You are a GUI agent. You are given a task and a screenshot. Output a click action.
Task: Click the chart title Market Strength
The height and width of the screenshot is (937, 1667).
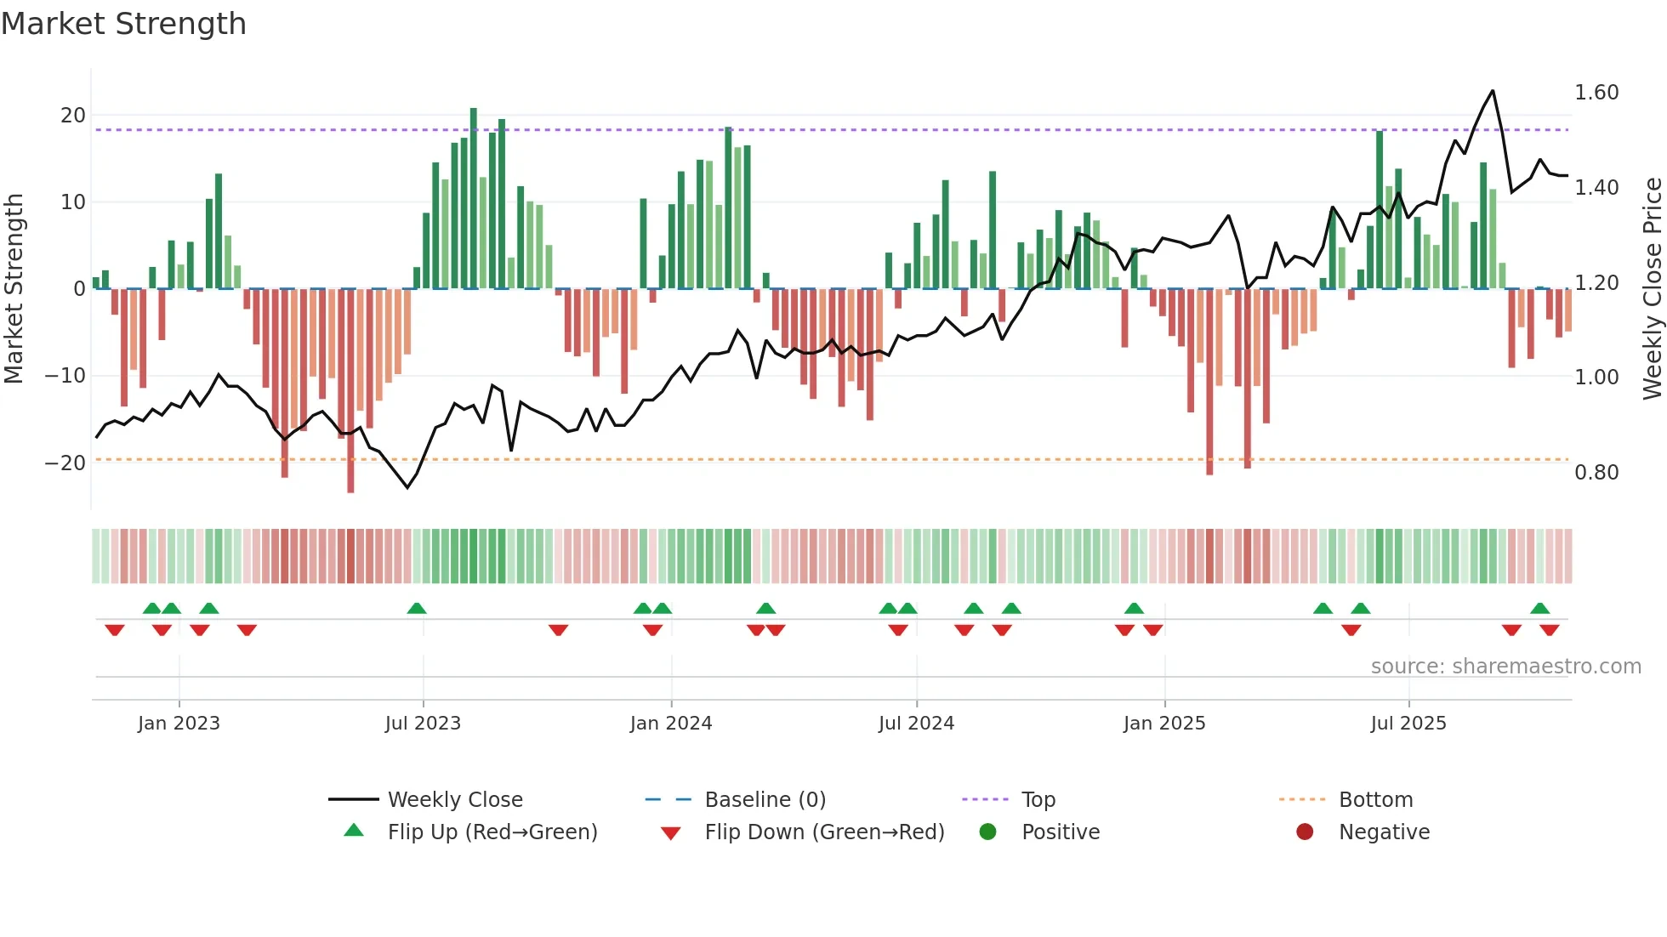(x=123, y=24)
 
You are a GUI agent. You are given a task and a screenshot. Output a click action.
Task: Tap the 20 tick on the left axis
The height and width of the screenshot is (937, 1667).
(x=73, y=116)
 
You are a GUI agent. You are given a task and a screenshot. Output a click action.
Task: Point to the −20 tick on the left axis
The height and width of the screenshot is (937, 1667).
(x=65, y=463)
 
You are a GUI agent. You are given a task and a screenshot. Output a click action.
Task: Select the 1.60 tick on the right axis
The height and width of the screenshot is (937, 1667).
(x=1596, y=93)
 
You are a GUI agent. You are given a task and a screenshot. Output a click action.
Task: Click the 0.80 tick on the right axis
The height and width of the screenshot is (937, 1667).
(x=1596, y=473)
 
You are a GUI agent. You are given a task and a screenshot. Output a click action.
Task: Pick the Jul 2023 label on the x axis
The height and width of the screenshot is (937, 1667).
(x=423, y=724)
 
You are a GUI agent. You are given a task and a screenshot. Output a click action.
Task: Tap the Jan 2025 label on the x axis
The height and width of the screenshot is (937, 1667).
(x=1164, y=724)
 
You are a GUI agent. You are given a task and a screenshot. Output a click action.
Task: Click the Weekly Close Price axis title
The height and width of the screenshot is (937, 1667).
(x=1652, y=289)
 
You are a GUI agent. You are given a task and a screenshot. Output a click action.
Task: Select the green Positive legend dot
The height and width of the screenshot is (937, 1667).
(x=987, y=832)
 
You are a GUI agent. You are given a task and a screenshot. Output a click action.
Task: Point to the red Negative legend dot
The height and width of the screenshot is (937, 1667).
(x=1305, y=832)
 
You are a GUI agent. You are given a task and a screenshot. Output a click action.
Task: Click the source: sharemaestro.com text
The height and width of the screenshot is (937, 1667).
(x=1505, y=667)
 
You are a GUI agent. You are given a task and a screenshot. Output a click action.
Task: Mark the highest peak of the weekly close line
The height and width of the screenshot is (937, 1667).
(x=1493, y=91)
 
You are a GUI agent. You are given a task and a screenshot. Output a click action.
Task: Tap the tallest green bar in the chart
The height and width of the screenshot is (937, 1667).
(x=474, y=111)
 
